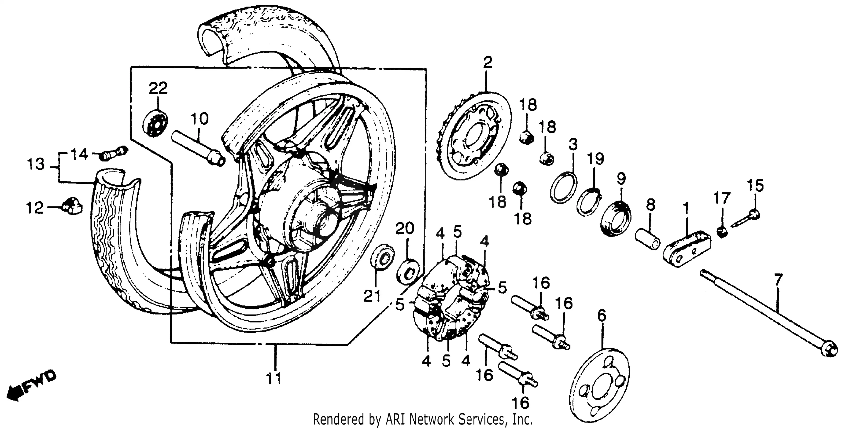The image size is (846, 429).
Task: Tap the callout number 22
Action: click(158, 88)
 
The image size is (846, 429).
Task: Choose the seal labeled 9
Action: click(616, 220)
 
